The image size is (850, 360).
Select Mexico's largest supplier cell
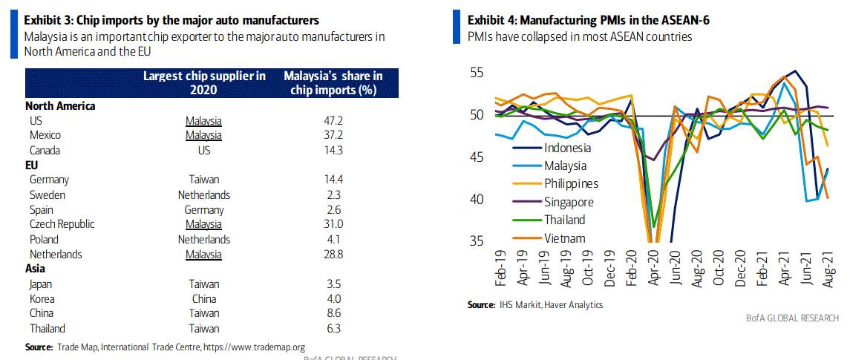pyautogui.click(x=203, y=135)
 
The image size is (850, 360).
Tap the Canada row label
pyautogui.click(x=45, y=150)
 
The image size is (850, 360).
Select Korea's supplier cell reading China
pyautogui.click(x=203, y=298)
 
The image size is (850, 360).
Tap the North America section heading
pyautogui.click(x=60, y=105)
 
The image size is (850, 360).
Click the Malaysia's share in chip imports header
pyautogui.click(x=333, y=82)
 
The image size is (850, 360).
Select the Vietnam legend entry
pyautogui.click(x=565, y=238)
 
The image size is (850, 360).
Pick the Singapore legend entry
pyautogui.click(x=569, y=201)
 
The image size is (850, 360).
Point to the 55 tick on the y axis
pyautogui.click(x=477, y=73)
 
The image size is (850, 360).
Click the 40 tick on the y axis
pyautogui.click(x=477, y=200)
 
